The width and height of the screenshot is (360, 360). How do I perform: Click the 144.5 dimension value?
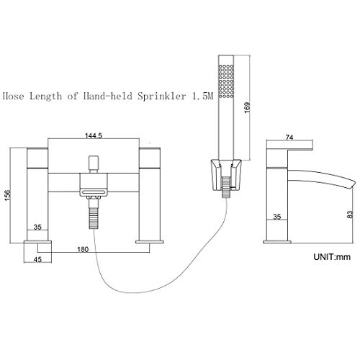[x=94, y=136]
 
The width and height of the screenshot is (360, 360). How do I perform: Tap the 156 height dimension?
[x=8, y=195]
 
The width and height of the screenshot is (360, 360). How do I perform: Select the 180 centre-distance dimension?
[x=83, y=250]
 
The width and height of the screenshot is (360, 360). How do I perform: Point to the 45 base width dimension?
[x=37, y=259]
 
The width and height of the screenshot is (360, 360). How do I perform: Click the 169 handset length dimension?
[x=247, y=107]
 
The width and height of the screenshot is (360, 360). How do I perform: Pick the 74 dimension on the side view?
[x=289, y=138]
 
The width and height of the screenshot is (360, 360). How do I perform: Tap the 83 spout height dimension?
[x=350, y=215]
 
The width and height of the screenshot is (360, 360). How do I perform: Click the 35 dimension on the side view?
[x=277, y=217]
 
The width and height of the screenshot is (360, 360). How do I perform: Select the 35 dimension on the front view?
[x=37, y=227]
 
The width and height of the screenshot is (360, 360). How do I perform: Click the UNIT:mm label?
[x=332, y=257]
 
